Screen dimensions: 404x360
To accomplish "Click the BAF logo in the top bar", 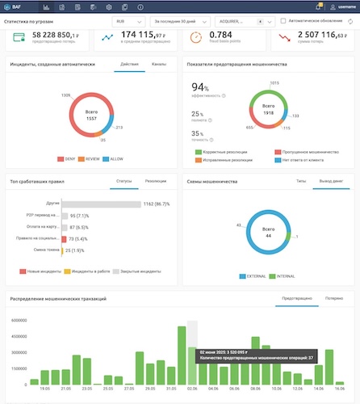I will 15,6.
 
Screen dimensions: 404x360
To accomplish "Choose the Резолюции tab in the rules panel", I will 155,182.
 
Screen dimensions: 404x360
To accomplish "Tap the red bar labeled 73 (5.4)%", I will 64,239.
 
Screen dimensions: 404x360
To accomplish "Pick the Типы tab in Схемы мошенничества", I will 300,182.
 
